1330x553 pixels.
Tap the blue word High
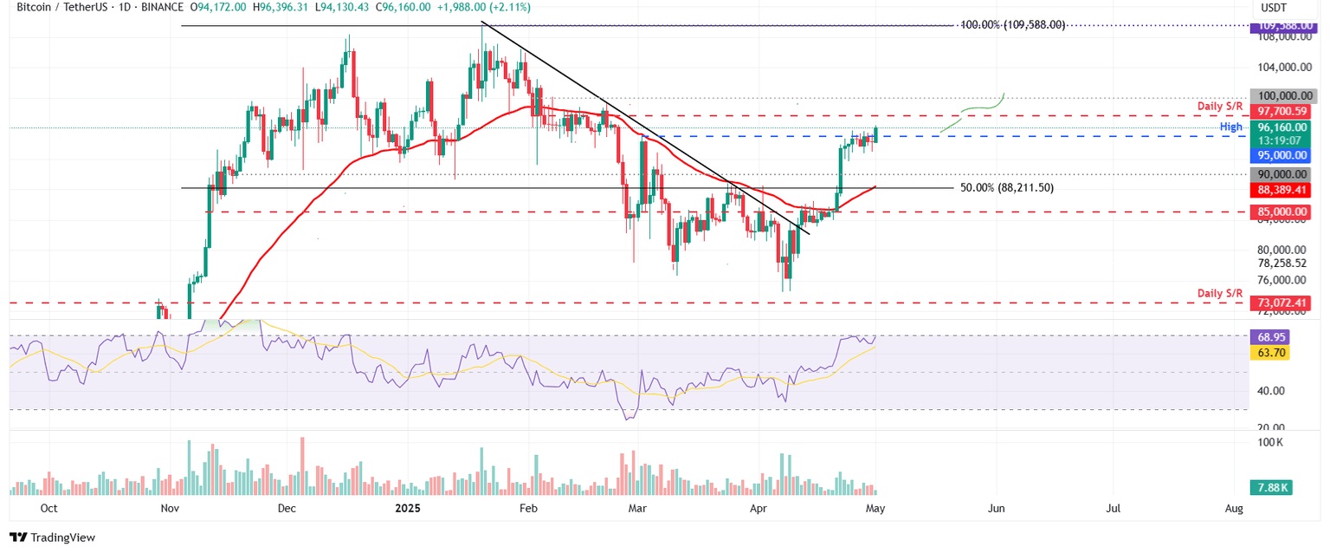click(1231, 127)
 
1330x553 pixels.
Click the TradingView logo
click(52, 537)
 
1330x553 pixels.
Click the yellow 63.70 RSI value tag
click(1271, 353)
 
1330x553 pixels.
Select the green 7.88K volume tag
click(1271, 488)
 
